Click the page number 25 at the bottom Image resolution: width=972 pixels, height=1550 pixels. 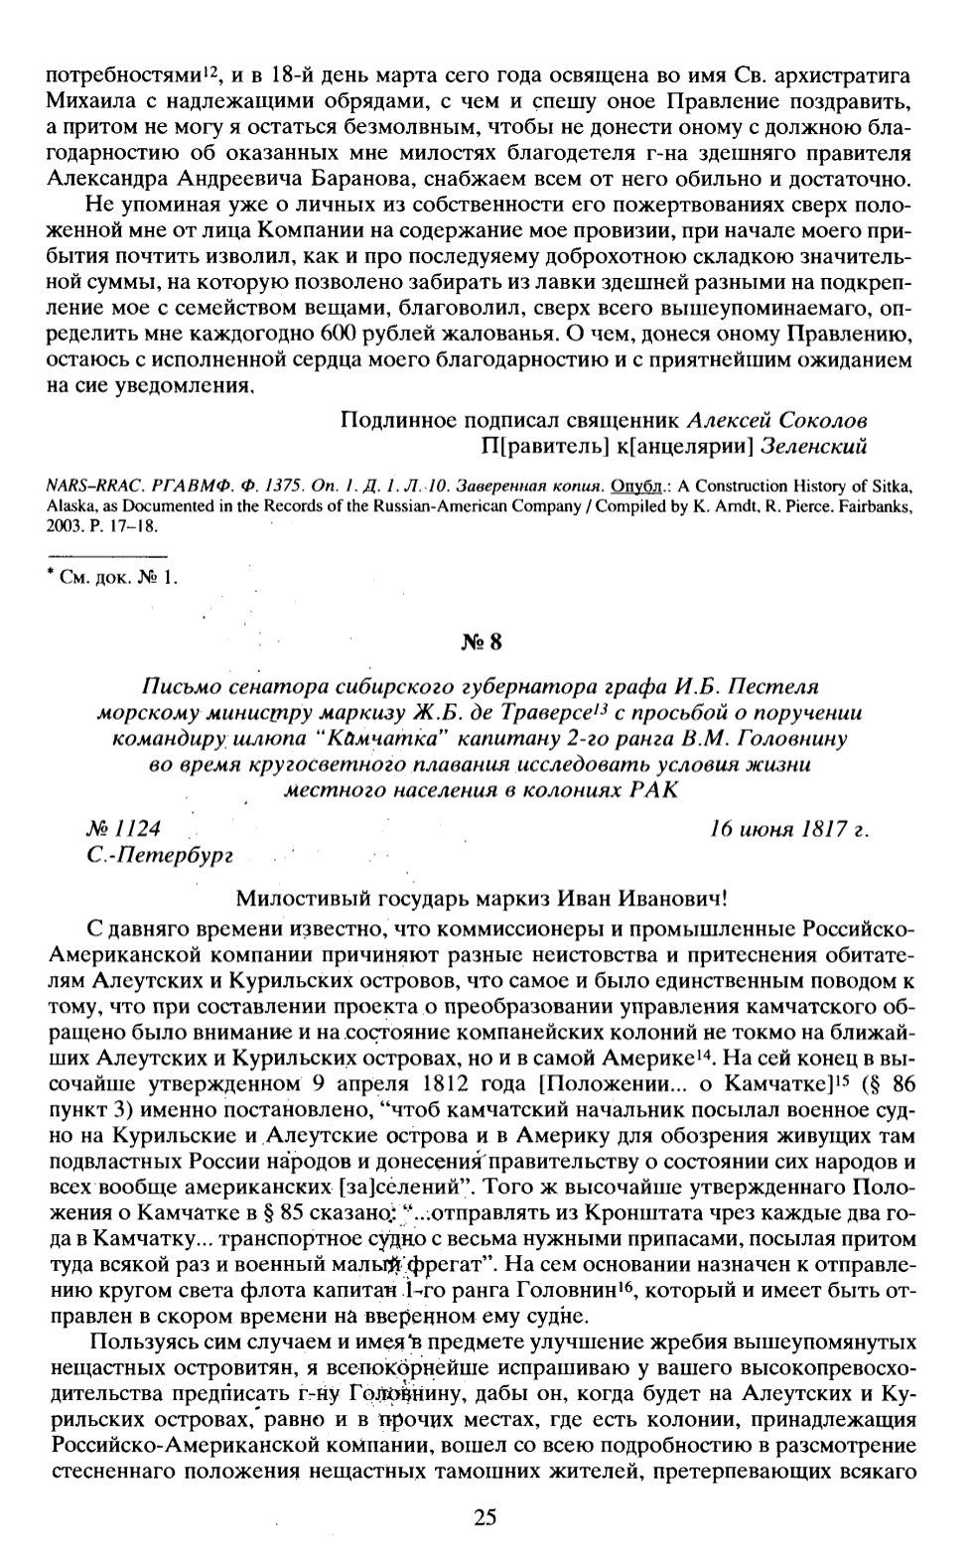tap(485, 1516)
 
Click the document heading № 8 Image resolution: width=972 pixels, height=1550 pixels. tap(484, 641)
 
